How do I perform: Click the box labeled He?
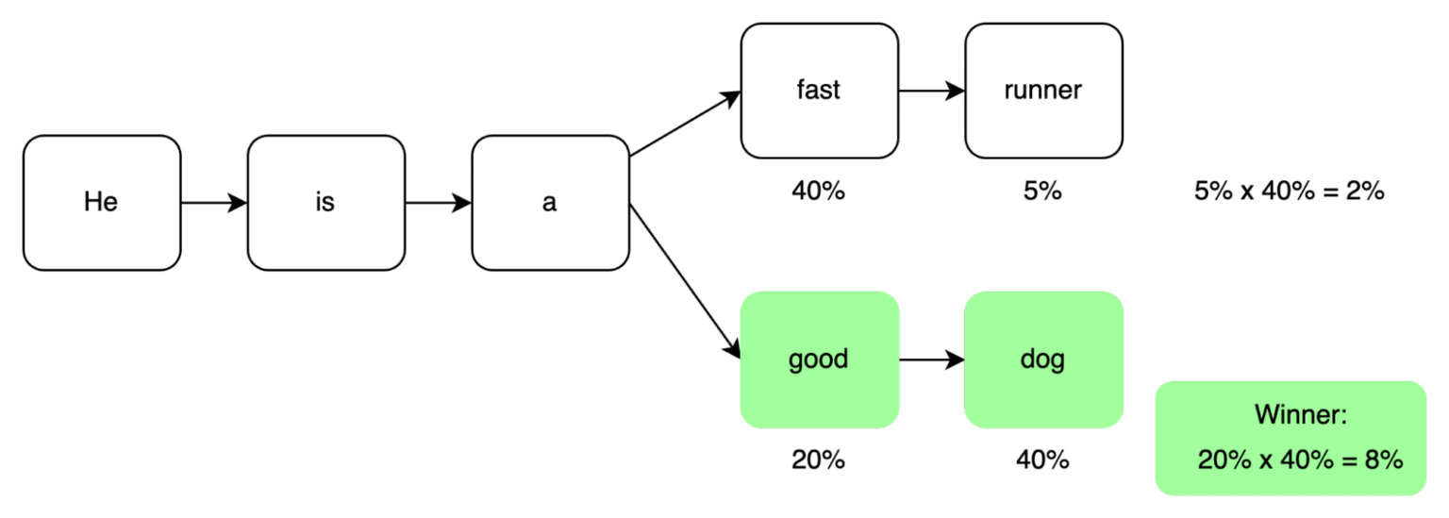point(101,202)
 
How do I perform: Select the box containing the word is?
point(325,202)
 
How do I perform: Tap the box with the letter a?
point(550,202)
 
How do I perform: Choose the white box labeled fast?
point(818,91)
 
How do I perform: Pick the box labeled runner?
point(1042,91)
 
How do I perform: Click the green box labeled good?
point(818,359)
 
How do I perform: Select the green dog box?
point(1042,359)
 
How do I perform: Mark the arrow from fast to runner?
point(931,92)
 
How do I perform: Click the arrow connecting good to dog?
point(931,359)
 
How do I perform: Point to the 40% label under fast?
point(818,192)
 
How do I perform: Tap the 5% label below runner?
point(1042,192)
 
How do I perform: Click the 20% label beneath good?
point(818,460)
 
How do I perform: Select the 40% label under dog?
point(1042,460)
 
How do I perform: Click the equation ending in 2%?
point(1289,192)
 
